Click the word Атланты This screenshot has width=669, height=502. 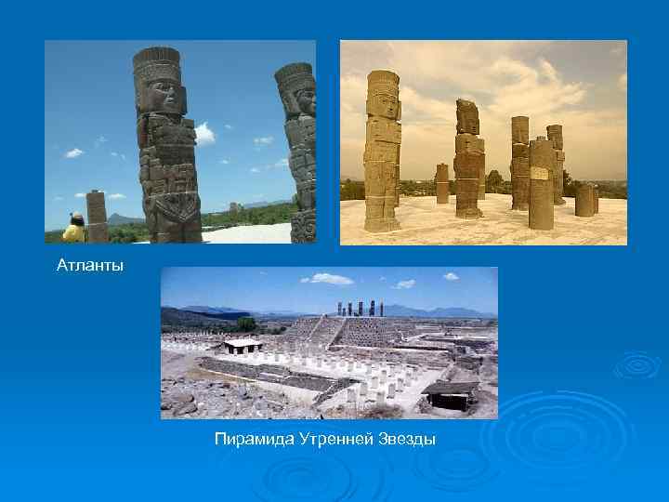click(x=89, y=267)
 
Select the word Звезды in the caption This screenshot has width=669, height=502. click(x=406, y=438)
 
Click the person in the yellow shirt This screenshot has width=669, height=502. click(x=74, y=229)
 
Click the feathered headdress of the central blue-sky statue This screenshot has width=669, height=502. click(x=156, y=63)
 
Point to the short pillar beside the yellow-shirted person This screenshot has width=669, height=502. click(x=97, y=216)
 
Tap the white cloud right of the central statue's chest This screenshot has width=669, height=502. click(x=203, y=133)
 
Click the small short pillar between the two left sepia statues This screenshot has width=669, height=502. click(x=441, y=183)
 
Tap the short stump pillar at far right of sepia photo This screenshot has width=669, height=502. click(x=584, y=199)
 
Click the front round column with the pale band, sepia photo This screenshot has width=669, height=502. click(x=542, y=182)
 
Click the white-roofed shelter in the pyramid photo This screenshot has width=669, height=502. click(x=243, y=345)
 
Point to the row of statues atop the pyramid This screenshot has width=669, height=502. click(x=360, y=309)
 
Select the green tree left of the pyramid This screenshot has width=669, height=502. click(x=246, y=324)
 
